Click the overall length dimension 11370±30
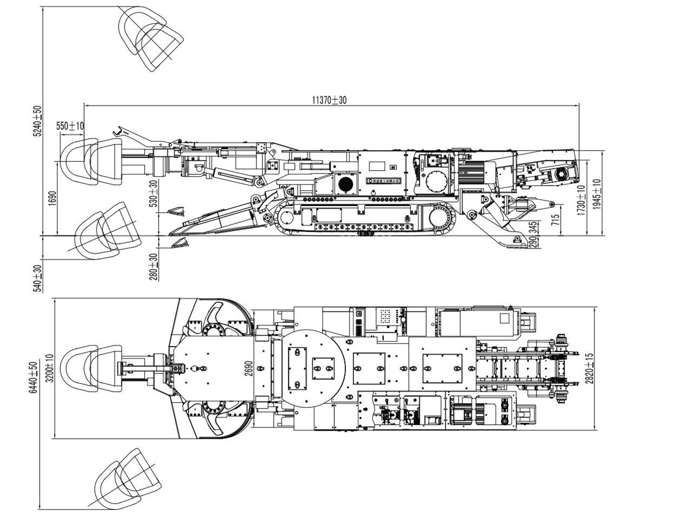point(329,100)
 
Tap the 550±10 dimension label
point(70,126)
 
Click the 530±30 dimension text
point(153,193)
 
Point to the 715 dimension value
point(555,220)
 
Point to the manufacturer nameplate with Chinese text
point(383,180)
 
